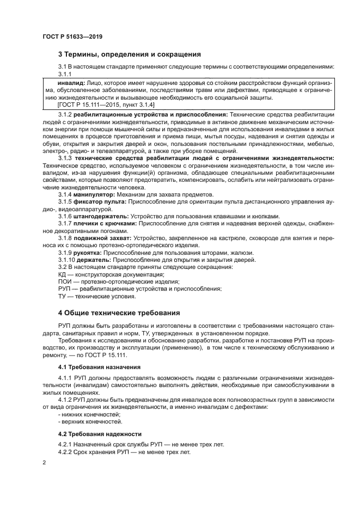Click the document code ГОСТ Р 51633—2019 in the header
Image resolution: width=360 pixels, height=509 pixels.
coord(72,36)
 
